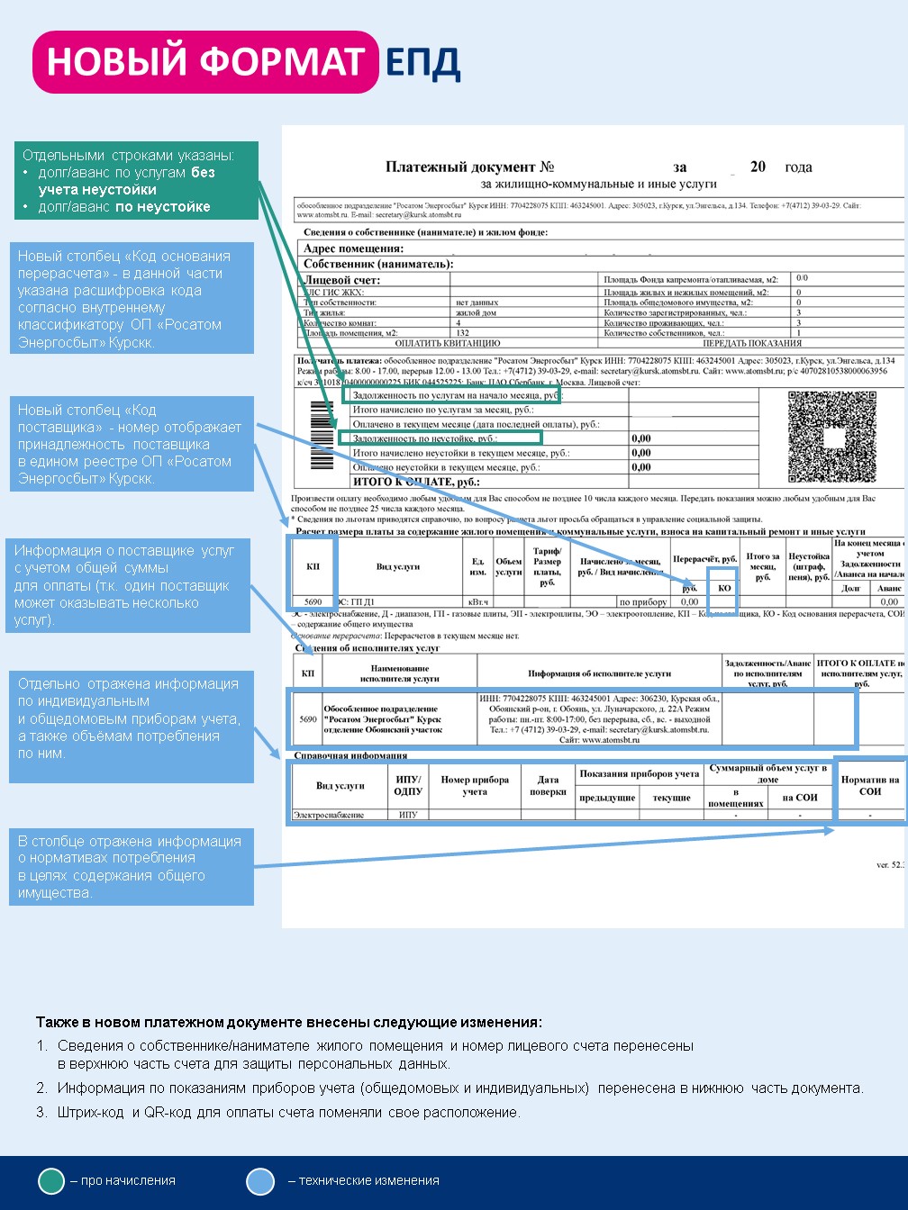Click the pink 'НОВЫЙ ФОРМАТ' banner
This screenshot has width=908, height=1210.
(205, 62)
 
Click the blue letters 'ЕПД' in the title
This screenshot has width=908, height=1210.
(422, 62)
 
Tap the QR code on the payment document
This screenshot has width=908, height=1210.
(831, 437)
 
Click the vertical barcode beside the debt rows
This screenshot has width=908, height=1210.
(322, 436)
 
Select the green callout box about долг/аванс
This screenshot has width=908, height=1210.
(136, 181)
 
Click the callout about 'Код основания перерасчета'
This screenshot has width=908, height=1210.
(132, 299)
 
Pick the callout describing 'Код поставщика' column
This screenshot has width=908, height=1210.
(132, 444)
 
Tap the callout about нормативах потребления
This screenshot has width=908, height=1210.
(132, 866)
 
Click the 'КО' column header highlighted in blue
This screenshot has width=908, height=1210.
(723, 588)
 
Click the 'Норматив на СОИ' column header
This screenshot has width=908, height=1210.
(869, 785)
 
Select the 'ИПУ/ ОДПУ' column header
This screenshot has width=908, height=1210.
(408, 785)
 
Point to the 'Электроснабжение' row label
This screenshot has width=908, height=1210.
(328, 815)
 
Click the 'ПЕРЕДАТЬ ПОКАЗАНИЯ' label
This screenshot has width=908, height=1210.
(751, 343)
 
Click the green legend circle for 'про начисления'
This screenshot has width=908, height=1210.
(51, 1181)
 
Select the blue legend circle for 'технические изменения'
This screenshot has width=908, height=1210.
(260, 1181)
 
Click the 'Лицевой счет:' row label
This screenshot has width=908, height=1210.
(341, 280)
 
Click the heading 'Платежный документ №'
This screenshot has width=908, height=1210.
(469, 167)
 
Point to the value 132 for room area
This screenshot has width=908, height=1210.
(463, 333)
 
